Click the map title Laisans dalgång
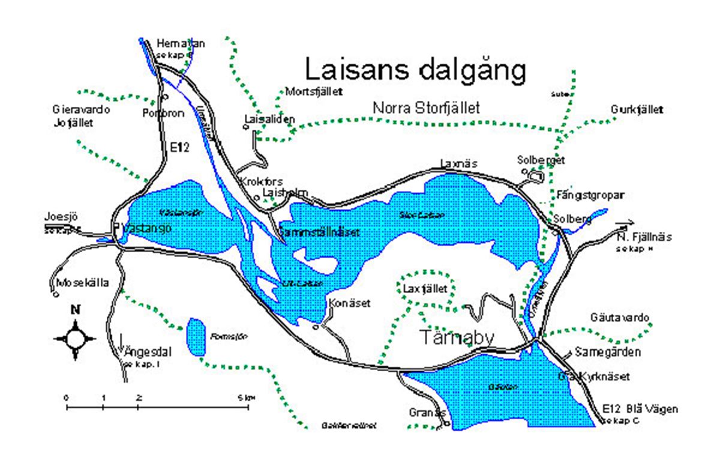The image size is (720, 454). [x=416, y=70]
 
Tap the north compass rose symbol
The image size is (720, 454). [x=75, y=338]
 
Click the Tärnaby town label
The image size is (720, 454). [x=457, y=337]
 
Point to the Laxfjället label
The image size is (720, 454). [x=425, y=289]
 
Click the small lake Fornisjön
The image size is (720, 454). [x=195, y=337]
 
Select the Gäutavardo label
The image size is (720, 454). [x=619, y=318]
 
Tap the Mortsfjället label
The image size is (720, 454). [x=314, y=92]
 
